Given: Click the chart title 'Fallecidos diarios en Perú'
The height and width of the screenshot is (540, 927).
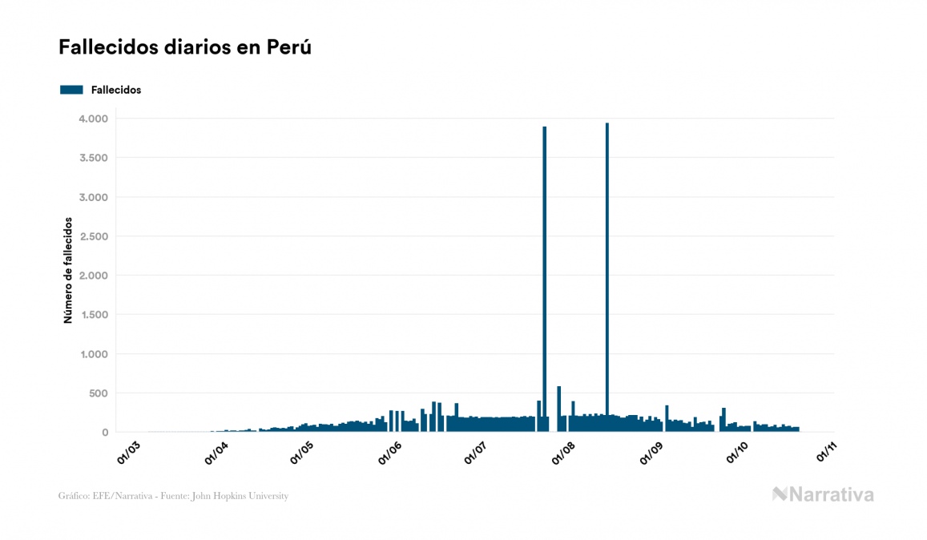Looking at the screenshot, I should pos(185,48).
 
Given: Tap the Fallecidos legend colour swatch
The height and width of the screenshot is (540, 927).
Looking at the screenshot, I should pos(71,90).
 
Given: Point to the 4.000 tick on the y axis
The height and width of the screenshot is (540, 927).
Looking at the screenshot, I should pos(92,119).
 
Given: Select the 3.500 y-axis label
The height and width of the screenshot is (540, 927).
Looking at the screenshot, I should pos(92,158).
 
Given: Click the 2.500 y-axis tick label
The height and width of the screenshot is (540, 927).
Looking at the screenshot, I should pos(92,236).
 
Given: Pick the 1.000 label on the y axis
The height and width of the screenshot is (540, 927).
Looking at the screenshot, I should pos(92,354).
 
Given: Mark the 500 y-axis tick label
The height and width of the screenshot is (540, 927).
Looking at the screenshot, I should pos(96,393).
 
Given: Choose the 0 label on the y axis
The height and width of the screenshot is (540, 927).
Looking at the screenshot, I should pos(104,433).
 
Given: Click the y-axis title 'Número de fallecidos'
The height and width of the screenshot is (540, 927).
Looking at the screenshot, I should pos(68,270).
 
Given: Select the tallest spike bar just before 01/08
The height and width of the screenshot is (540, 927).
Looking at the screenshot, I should pos(545,280).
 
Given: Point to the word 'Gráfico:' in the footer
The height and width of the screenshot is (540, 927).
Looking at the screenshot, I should pos(74,496).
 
